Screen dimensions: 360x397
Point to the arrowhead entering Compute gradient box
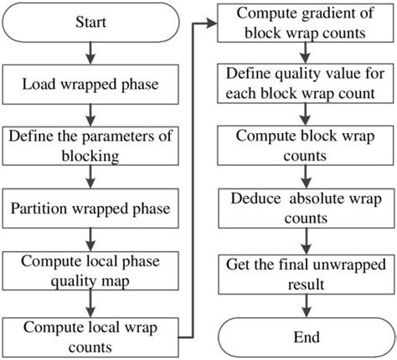pos(210,24)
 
